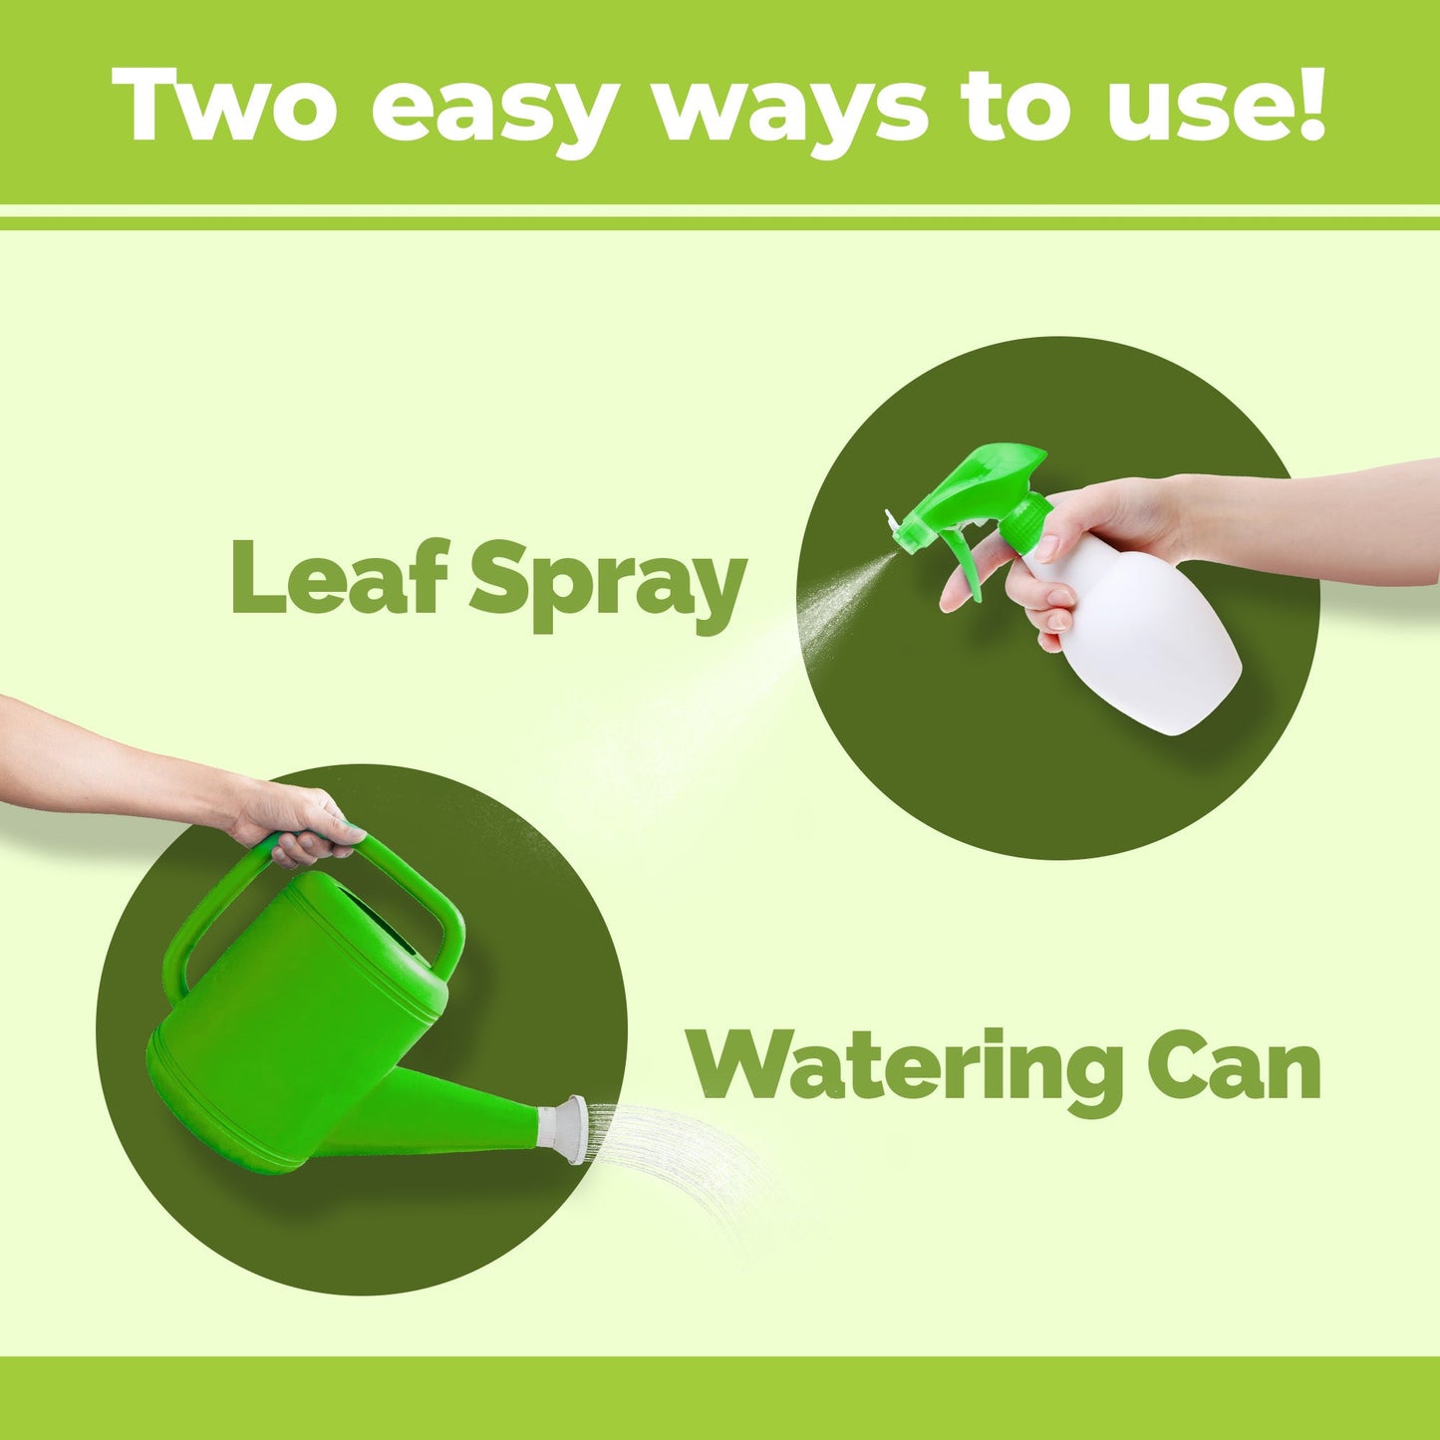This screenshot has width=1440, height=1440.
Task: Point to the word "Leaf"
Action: pyautogui.click(x=340, y=575)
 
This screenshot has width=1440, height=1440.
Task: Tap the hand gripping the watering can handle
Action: pyautogui.click(x=299, y=822)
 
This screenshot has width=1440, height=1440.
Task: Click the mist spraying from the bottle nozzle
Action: pyautogui.click(x=837, y=598)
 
